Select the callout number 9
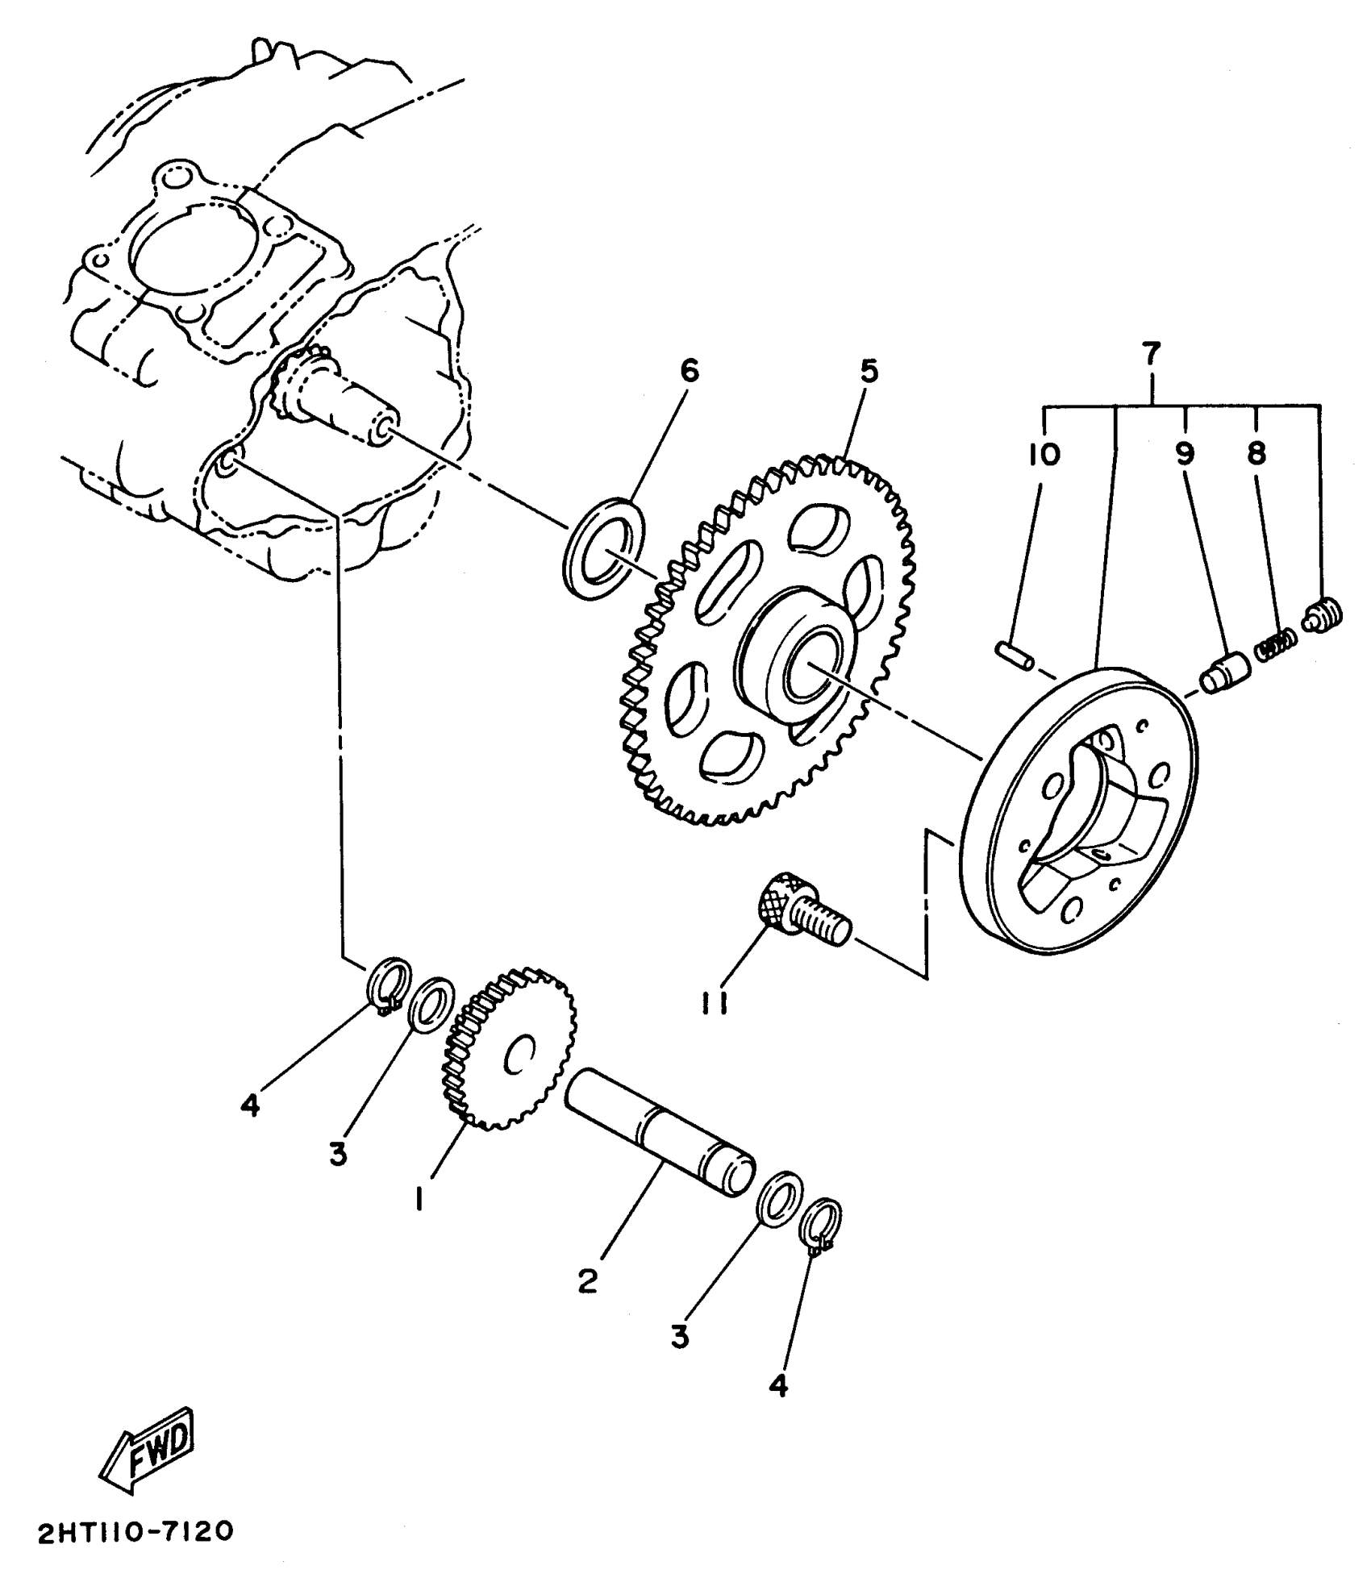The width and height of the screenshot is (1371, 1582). click(1184, 455)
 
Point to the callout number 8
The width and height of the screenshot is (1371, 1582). click(1256, 455)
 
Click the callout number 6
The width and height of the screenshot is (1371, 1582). click(689, 371)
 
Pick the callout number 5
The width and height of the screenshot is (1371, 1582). click(869, 373)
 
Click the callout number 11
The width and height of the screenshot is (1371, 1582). click(715, 1004)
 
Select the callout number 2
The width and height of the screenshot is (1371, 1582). click(588, 1280)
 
